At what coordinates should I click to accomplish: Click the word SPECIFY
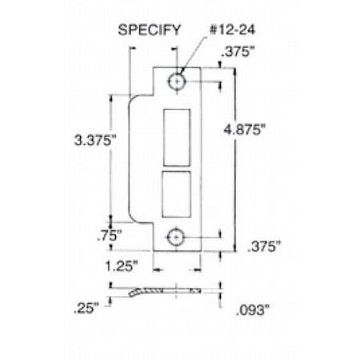tap(150, 30)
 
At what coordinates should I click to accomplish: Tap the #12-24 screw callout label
tap(232, 30)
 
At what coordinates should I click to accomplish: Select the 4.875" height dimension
tap(245, 130)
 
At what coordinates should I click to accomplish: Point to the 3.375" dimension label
tap(95, 140)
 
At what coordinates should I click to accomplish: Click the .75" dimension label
tap(110, 236)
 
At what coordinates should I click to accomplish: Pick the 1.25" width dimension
tap(122, 266)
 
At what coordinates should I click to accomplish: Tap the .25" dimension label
tap(86, 308)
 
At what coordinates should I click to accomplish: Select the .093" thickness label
tap(253, 310)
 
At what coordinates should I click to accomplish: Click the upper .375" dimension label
tap(238, 51)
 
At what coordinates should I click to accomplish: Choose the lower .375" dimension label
tap(264, 246)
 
